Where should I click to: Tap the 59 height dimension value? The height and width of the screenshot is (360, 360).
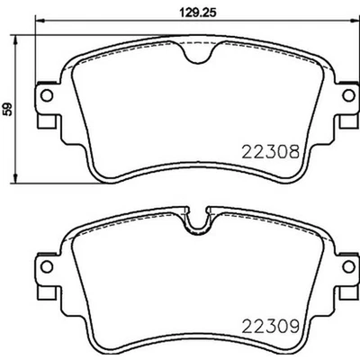tap(8, 108)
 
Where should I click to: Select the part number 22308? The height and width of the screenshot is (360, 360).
tap(271, 153)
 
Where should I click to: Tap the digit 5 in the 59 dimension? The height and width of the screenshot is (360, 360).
tap(8, 112)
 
